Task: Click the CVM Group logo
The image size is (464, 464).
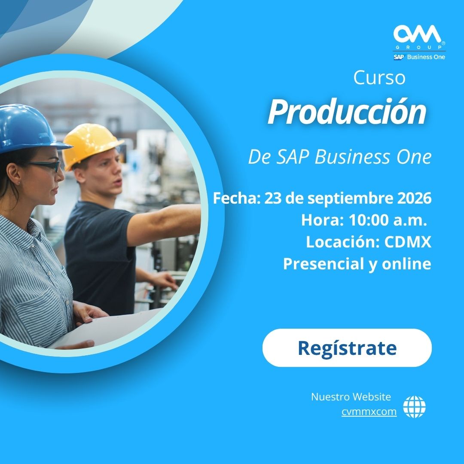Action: click(x=419, y=42)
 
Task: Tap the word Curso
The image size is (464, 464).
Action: click(x=379, y=77)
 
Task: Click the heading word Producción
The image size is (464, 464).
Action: click(x=347, y=112)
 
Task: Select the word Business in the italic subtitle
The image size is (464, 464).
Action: click(x=352, y=156)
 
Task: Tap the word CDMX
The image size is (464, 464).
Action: click(x=408, y=242)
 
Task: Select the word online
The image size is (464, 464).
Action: click(x=406, y=263)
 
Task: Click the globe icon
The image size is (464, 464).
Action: click(x=414, y=406)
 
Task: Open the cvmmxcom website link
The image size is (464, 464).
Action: click(x=369, y=412)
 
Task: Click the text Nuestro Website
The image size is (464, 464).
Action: click(x=351, y=397)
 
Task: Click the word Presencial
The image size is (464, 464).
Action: click(x=324, y=263)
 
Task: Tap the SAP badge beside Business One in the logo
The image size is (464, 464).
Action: click(x=399, y=57)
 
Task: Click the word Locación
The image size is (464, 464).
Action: click(x=343, y=242)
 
